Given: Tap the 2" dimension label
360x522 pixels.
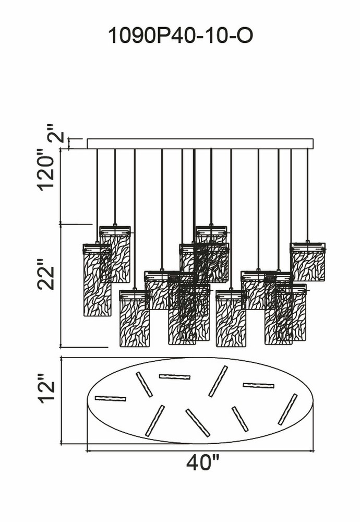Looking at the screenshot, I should (56, 138).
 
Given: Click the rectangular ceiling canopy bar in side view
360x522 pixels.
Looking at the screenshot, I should (200, 144).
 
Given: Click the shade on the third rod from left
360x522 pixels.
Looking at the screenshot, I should (134, 318).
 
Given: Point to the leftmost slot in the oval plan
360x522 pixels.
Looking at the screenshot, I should (111, 398).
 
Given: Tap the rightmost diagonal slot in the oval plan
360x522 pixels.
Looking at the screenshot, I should (287, 409).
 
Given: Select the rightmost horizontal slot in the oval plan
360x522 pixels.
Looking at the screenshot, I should (258, 386).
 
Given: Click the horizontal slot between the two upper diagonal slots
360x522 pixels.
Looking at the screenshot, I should (175, 376).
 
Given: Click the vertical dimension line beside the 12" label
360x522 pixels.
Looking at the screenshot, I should (62, 401).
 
